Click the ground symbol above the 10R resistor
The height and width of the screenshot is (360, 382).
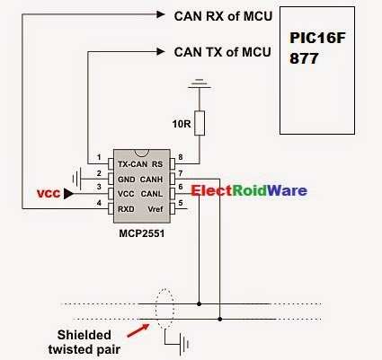(200, 88)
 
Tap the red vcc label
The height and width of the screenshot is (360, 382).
(49, 193)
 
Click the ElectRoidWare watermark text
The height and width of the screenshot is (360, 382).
(248, 190)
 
